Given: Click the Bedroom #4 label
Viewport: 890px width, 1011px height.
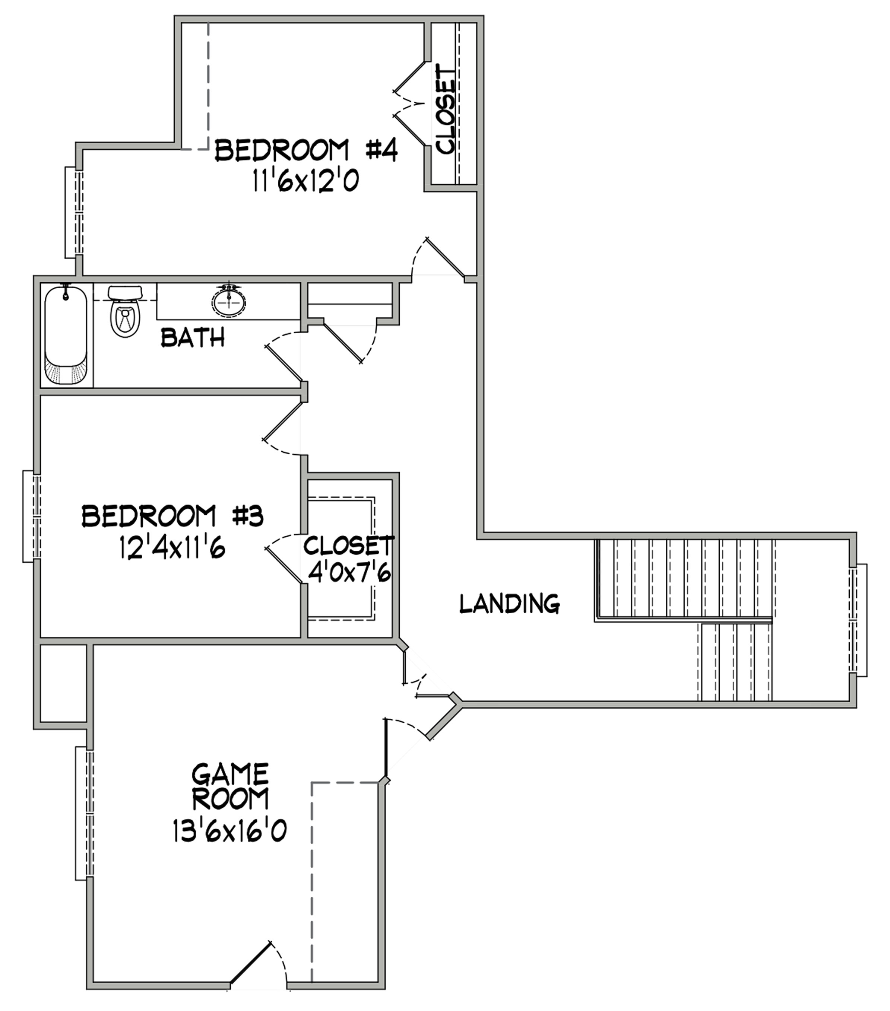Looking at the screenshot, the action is (306, 150).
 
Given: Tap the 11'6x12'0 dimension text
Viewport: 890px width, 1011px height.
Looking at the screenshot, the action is (305, 181).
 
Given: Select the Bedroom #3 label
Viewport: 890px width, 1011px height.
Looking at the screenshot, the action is (172, 516).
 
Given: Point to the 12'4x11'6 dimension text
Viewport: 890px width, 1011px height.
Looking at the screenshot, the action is (172, 547).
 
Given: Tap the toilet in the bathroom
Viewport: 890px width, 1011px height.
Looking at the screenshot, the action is (125, 312).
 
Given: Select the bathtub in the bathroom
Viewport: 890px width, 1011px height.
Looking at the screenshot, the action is (66, 335).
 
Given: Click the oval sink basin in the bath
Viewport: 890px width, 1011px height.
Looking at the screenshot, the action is (229, 301).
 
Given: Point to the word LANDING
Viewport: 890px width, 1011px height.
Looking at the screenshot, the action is (510, 603).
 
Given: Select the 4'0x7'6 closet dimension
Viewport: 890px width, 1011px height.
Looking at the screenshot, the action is (349, 573).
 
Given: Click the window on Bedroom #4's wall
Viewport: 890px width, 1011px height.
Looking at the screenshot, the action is (74, 212).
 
